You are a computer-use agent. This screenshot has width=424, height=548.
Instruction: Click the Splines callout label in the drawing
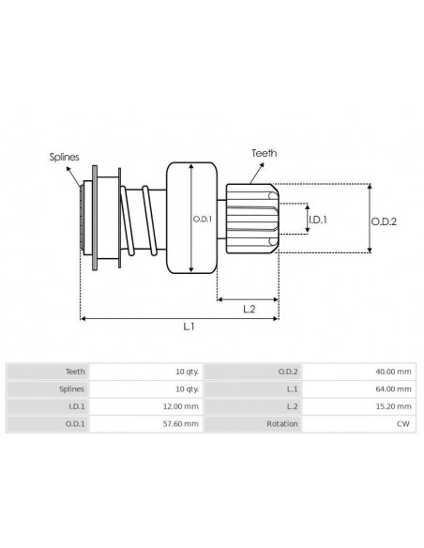65,159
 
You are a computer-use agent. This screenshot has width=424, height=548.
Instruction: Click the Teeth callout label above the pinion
264,152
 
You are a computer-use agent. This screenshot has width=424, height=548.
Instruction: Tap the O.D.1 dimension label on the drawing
202,219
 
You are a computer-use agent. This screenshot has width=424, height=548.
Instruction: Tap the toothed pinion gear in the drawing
252,218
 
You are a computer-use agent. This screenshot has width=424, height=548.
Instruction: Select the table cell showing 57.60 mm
180,424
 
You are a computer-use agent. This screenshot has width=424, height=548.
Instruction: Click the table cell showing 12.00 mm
180,406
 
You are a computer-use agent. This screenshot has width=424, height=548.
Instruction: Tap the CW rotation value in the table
404,424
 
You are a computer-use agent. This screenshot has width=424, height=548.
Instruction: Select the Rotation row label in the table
281,424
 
